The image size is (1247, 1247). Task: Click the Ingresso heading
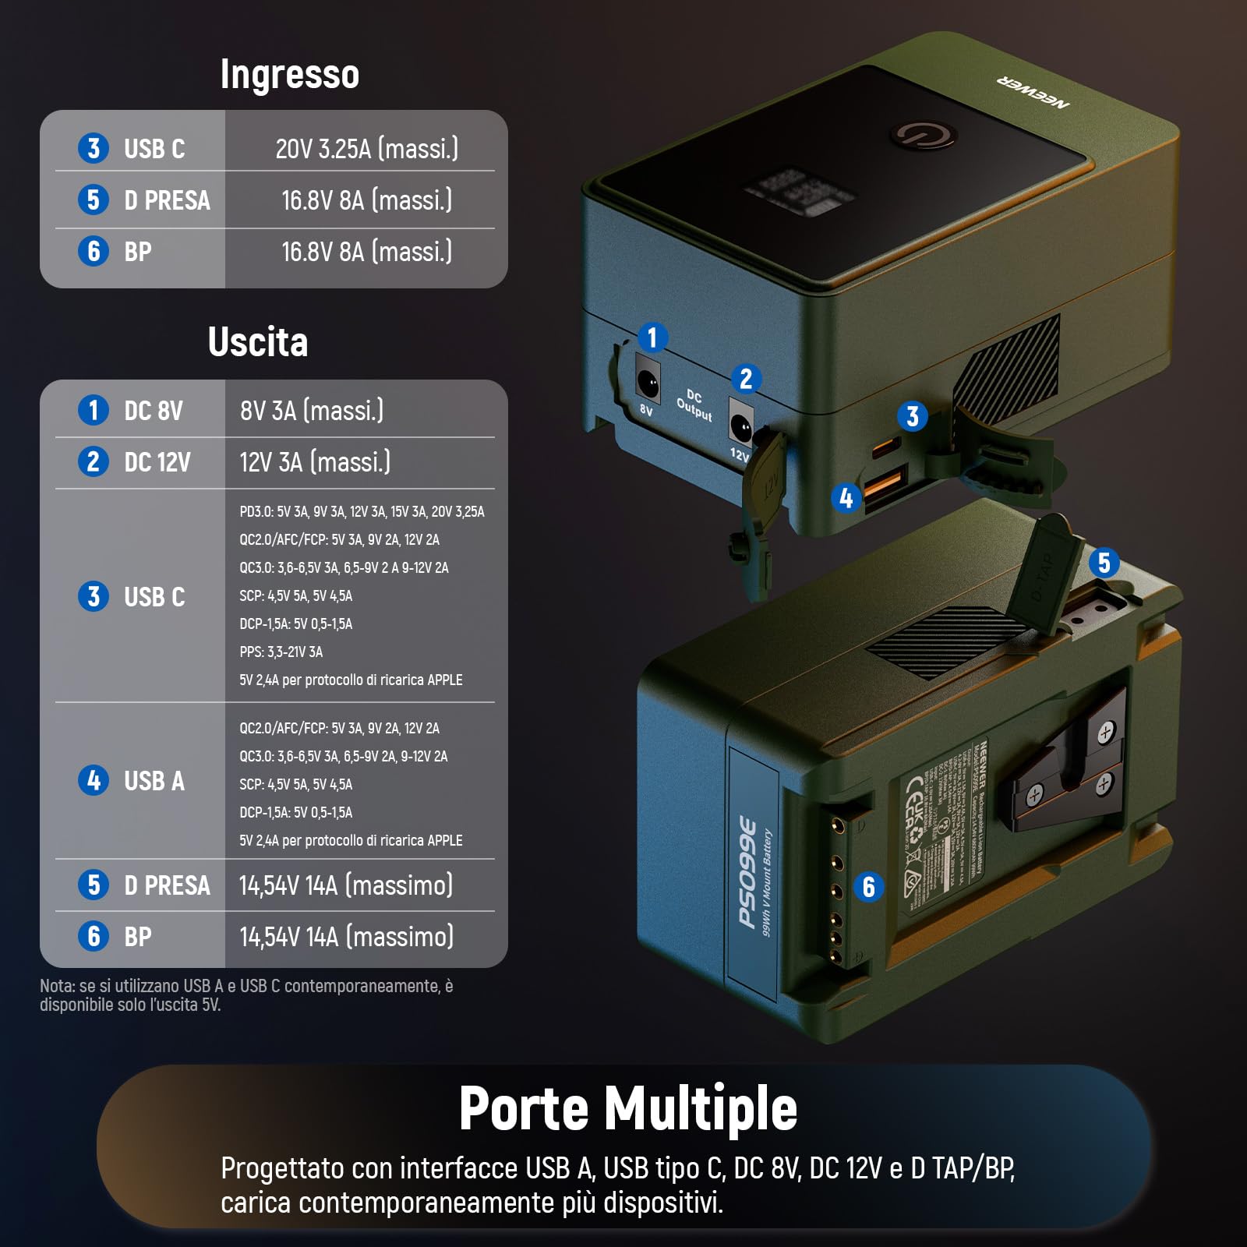289,75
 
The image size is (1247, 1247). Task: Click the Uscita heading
258,342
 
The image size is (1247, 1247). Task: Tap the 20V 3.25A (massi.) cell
366,148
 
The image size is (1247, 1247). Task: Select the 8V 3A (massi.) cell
312,410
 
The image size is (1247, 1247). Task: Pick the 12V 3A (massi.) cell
315,462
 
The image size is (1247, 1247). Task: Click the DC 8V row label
153,410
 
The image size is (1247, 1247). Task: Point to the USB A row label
154,780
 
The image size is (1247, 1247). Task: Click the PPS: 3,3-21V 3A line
281,652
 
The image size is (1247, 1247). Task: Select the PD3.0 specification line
362,511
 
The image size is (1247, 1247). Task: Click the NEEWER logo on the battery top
1033,92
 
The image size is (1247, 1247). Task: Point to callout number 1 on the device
652,337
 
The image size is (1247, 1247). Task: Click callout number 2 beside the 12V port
746,379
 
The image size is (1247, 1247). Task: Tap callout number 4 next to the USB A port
846,498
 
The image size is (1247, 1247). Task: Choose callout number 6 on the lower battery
868,887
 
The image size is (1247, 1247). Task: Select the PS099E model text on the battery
747,872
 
